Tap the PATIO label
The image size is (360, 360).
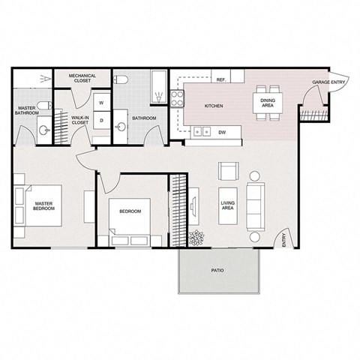click(x=217, y=270)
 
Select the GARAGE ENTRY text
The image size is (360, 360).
click(x=328, y=82)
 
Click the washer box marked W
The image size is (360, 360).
click(x=100, y=103)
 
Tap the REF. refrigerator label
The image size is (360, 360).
click(x=221, y=79)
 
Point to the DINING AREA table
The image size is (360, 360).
click(x=268, y=106)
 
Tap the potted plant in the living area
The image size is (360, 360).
click(x=197, y=239)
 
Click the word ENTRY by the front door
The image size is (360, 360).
click(x=284, y=239)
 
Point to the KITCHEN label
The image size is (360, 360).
click(x=214, y=106)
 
